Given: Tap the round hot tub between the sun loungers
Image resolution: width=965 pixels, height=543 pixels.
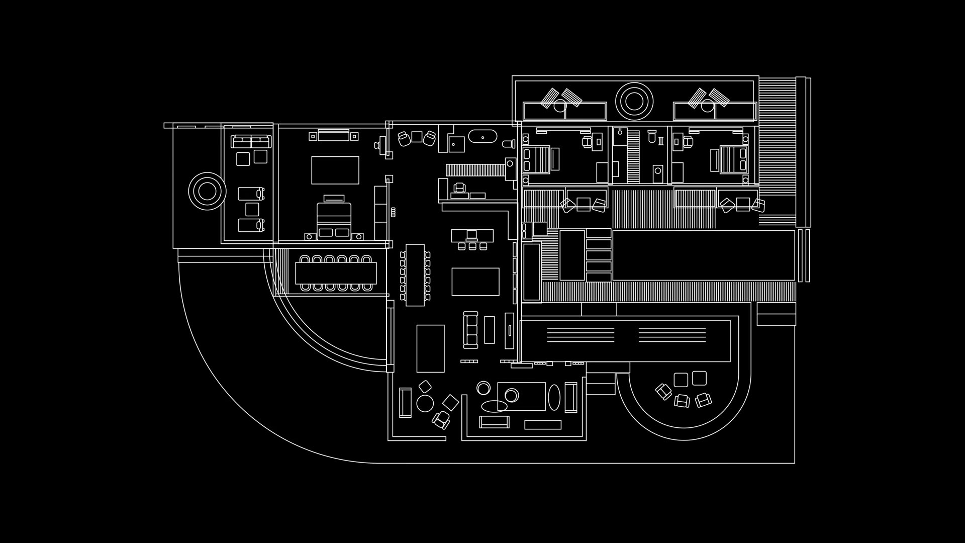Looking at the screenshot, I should click(634, 101).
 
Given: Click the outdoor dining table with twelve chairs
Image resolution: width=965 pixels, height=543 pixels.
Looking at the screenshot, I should click(336, 273).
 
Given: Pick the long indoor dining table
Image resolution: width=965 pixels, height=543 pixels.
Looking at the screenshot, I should click(415, 275).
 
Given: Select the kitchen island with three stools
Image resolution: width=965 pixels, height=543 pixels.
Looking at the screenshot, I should click(472, 235).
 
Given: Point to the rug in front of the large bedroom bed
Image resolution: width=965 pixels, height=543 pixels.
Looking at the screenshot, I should click(335, 170).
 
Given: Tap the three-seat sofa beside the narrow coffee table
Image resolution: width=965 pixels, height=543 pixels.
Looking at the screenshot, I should click(471, 330).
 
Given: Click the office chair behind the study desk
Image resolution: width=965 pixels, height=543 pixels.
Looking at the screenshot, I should click(459, 188).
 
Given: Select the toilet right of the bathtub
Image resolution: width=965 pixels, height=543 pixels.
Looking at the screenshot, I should click(509, 143).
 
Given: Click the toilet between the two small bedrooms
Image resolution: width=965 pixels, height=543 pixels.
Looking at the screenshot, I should click(651, 136).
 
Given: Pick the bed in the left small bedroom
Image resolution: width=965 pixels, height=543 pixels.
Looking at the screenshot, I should click(542, 158).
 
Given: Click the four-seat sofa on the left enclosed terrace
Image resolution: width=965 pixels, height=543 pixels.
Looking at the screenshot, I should click(251, 141).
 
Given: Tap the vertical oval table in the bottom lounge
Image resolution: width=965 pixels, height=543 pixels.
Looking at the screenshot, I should click(553, 397).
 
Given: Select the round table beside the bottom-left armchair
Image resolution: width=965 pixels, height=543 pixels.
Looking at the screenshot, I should click(425, 403).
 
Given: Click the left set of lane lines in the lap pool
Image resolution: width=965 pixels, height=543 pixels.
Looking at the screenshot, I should click(581, 335).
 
